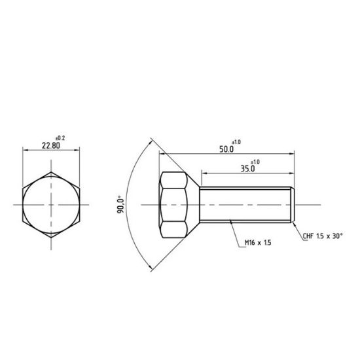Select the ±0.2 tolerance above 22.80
(59, 137)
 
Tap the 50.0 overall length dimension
(226, 149)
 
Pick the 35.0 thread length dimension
(247, 168)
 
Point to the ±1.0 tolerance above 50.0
(236, 141)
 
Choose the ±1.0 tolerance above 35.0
(255, 161)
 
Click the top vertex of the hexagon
(51, 171)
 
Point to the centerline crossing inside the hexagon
(51, 205)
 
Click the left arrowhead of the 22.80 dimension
(25, 151)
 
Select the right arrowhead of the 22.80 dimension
(78, 151)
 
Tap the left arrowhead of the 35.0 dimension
(202, 173)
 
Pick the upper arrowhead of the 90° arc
(151, 140)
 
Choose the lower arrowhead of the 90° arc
(151, 268)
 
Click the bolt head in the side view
(174, 205)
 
